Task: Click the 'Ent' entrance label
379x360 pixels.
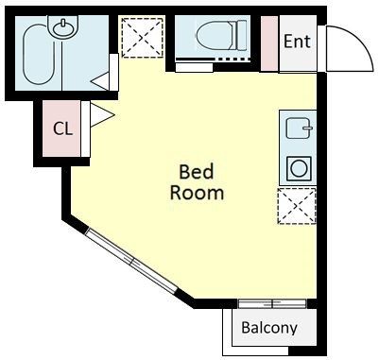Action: [297, 42]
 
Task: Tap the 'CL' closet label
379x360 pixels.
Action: [62, 129]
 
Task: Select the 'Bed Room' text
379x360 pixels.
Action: [197, 182]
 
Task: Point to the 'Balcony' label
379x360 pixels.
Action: [269, 328]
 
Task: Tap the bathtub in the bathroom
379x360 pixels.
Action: [39, 57]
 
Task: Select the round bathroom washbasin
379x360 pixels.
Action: [64, 27]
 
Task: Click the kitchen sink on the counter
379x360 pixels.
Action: [299, 129]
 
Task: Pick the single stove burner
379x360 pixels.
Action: [299, 168]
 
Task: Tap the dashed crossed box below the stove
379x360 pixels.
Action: [297, 206]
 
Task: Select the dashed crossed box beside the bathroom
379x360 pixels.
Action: [143, 38]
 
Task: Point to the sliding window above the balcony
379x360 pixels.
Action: [272, 304]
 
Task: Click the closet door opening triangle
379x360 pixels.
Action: [102, 115]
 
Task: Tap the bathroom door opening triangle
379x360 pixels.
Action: [100, 81]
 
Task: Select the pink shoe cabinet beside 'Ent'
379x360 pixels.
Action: [269, 43]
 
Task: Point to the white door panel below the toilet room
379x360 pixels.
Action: [194, 67]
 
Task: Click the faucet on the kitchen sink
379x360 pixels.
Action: [308, 128]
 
